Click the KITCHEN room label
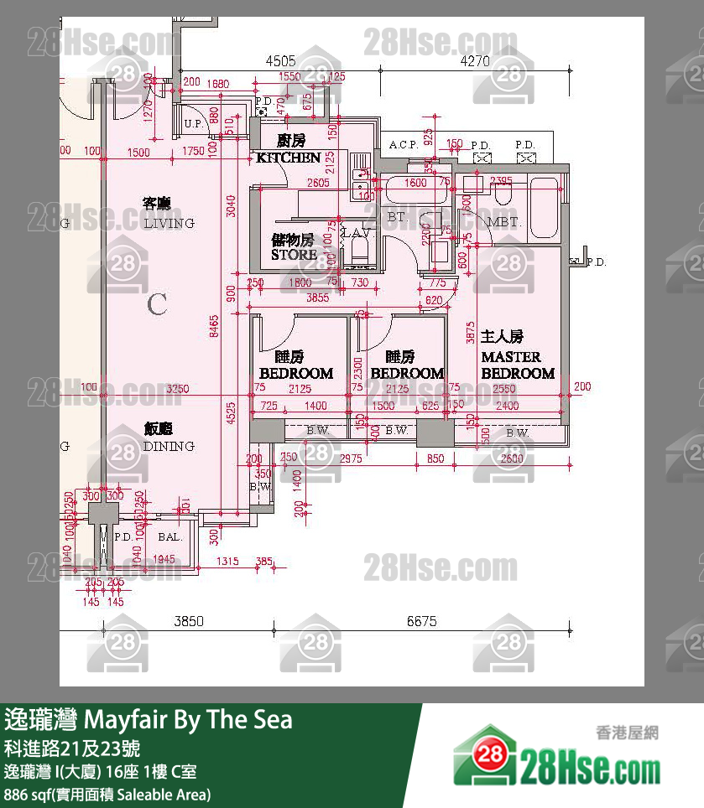click(x=288, y=157)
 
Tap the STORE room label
click(x=294, y=254)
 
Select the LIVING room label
click(x=169, y=223)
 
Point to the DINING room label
click(x=169, y=446)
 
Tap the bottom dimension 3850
click(x=189, y=621)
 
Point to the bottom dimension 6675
click(x=422, y=621)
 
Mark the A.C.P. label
click(x=404, y=145)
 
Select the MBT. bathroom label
click(x=504, y=223)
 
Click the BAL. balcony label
click(x=169, y=536)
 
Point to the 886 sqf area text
click(x=107, y=794)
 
